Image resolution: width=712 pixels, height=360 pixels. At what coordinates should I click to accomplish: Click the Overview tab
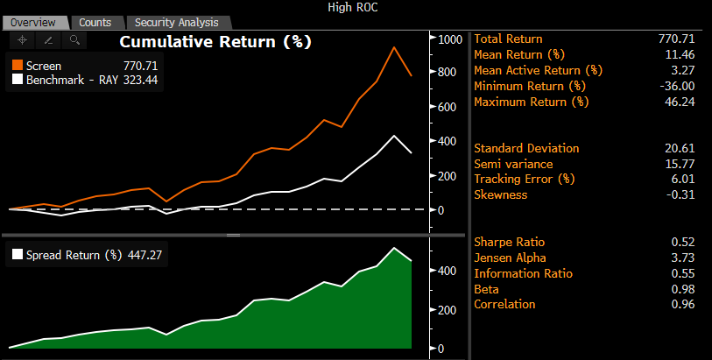coord(32,22)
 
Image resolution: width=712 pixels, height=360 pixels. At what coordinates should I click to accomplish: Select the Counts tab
coord(94,22)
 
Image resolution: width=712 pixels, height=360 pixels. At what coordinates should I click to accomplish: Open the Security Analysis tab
coord(177,22)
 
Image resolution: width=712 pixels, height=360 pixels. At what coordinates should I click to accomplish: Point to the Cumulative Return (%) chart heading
coord(215,41)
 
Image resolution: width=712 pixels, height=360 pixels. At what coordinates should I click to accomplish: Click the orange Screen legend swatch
coord(17,65)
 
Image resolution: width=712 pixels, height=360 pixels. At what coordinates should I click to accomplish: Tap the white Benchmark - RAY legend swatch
coord(17,79)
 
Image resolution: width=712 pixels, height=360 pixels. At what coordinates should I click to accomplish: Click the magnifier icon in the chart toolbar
coord(74,39)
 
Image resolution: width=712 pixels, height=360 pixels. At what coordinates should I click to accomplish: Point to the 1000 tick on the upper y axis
coord(450,39)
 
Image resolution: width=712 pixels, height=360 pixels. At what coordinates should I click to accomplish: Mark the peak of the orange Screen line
coord(394,47)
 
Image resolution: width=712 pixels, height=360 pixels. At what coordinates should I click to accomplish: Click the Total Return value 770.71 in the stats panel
coord(676,39)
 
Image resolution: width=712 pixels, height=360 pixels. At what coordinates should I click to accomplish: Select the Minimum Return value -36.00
coord(676,86)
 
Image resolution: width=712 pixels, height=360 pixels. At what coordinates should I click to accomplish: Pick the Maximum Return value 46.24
coord(680,102)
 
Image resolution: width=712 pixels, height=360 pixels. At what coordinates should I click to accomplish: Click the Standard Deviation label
coord(526,148)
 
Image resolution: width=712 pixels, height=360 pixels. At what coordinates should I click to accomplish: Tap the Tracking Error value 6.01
coord(683,180)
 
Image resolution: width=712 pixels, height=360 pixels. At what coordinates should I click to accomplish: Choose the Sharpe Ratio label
coord(509,242)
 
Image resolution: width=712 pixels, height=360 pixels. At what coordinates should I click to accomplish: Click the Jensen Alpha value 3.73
coord(683,258)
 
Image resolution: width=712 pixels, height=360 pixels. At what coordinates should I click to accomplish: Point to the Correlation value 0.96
coord(683,304)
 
